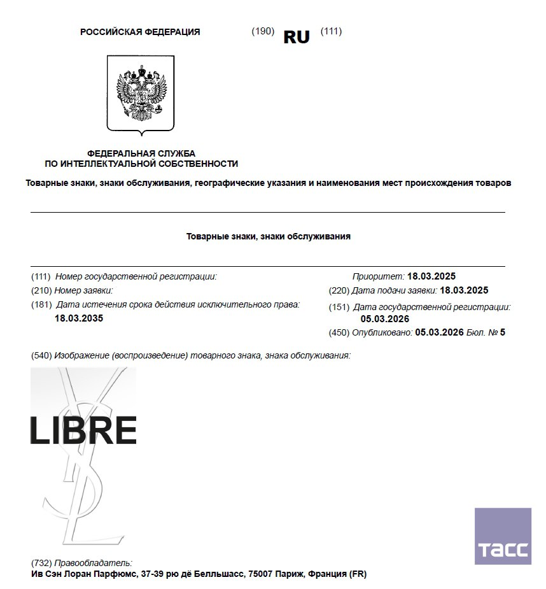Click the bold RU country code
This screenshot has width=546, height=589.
pyautogui.click(x=296, y=37)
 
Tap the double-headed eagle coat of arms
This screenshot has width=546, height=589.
pyautogui.click(x=140, y=94)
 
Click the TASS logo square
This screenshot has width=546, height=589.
pyautogui.click(x=503, y=536)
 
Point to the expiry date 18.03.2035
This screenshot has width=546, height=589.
pyautogui.click(x=79, y=318)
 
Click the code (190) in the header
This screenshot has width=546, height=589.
pyautogui.click(x=263, y=31)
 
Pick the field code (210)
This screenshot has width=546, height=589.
pyautogui.click(x=41, y=290)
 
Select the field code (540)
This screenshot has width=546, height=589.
pyautogui.click(x=41, y=355)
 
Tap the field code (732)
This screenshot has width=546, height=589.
pyautogui.click(x=41, y=563)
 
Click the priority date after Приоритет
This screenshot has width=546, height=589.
pyautogui.click(x=431, y=276)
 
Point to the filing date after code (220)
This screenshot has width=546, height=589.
pyautogui.click(x=464, y=290)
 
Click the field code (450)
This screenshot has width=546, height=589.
pyautogui.click(x=339, y=332)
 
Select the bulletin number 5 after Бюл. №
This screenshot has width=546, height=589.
pyautogui.click(x=503, y=332)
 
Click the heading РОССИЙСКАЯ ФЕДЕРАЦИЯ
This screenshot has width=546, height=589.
pyautogui.click(x=140, y=32)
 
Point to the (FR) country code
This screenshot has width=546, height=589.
pyautogui.click(x=358, y=574)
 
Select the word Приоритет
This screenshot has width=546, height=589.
pyautogui.click(x=378, y=276)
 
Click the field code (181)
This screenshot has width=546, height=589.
pyautogui.click(x=41, y=304)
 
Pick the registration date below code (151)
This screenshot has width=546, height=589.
pyautogui.click(x=385, y=318)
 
